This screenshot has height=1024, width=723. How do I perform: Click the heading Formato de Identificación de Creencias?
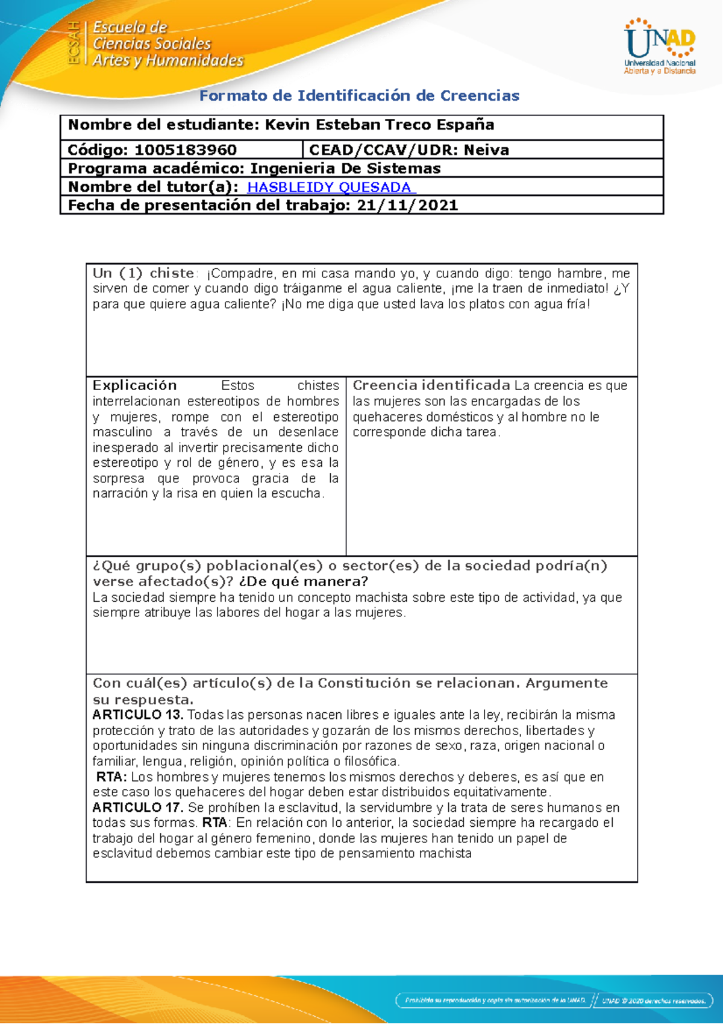[x=359, y=96]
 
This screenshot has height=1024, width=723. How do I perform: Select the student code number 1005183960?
[x=186, y=150]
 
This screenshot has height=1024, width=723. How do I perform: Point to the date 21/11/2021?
[x=407, y=205]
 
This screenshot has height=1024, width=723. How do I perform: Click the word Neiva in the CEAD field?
[x=486, y=150]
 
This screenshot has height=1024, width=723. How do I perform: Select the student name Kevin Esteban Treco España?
[x=380, y=125]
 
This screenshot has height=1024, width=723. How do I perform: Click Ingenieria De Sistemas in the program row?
[x=345, y=168]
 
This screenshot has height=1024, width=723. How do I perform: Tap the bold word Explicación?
[x=134, y=385]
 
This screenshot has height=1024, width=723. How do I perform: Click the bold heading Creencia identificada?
[x=431, y=385]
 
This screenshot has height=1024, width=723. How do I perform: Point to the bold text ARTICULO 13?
[x=137, y=715]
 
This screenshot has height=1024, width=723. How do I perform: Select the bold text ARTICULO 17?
[x=137, y=808]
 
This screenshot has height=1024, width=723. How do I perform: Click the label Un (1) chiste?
[x=143, y=273]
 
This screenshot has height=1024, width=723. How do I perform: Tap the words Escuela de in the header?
[x=130, y=27]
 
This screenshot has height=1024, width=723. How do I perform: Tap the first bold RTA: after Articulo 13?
[x=111, y=777]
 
